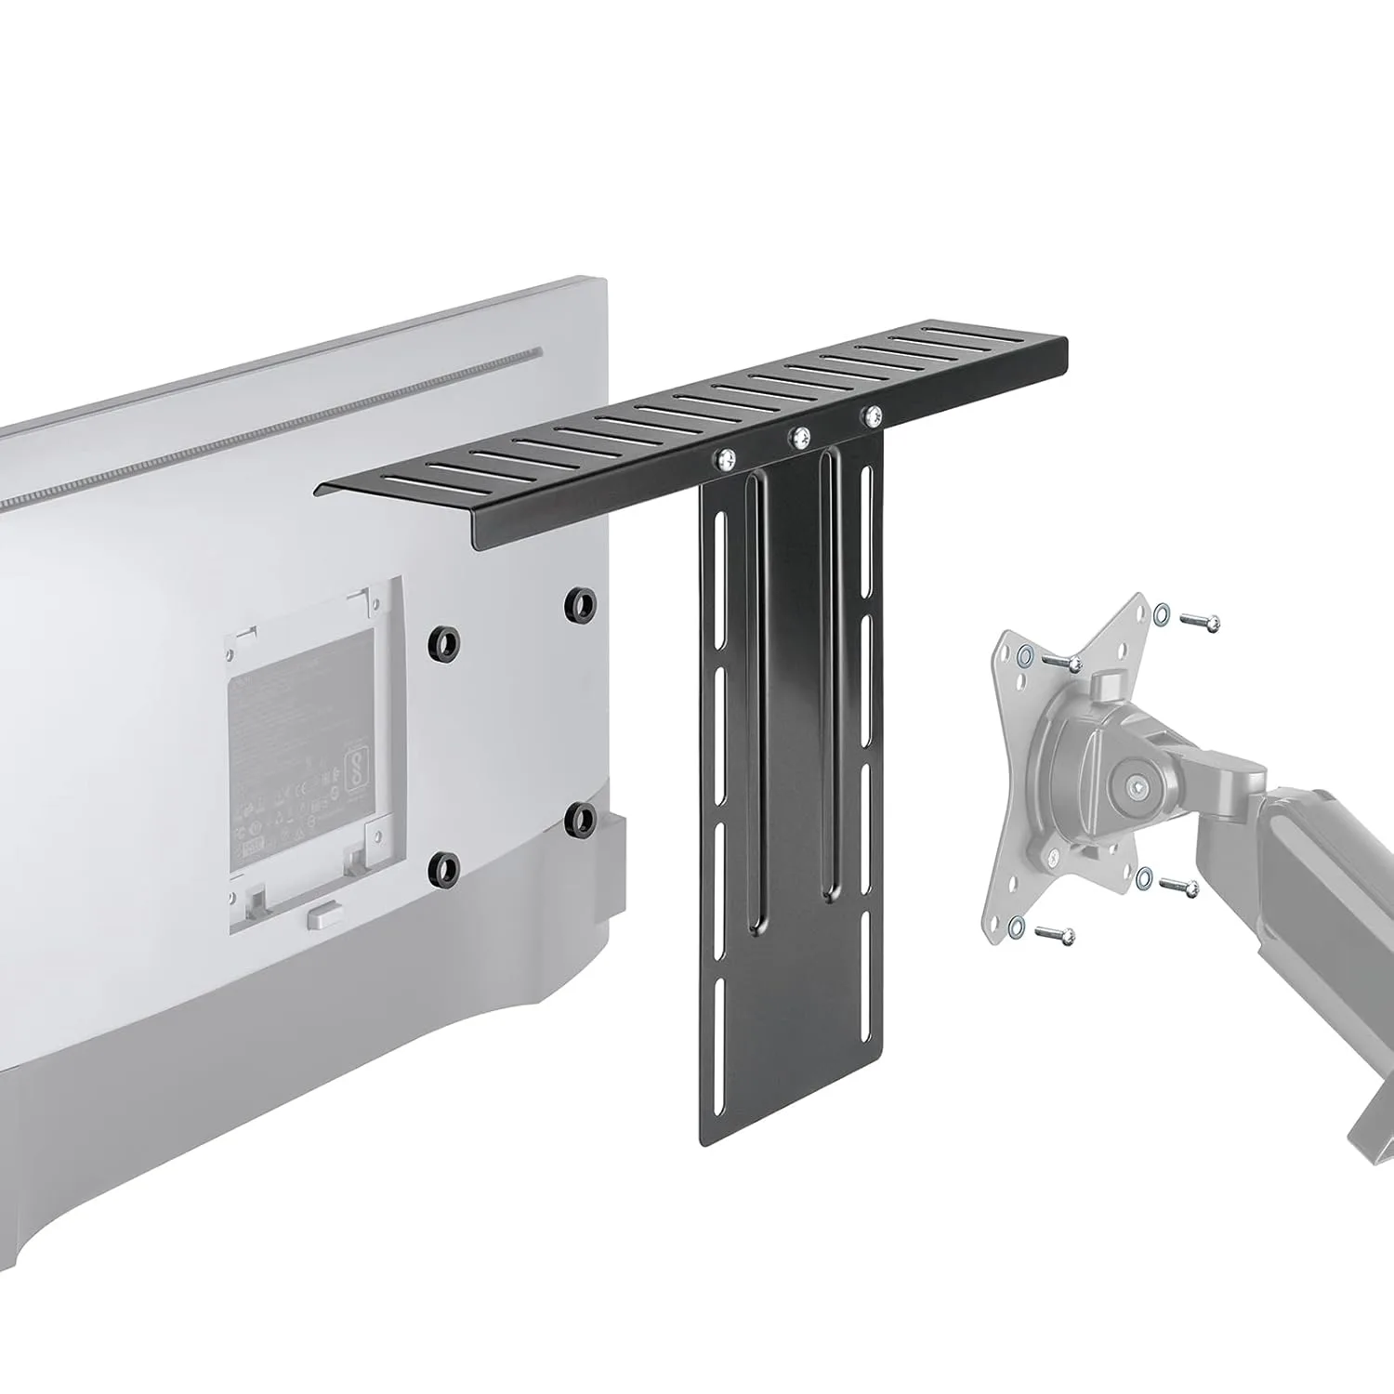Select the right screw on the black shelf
tap(871, 414)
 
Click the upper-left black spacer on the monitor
tap(444, 641)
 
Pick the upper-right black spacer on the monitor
tap(580, 603)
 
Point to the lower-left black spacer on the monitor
tap(444, 867)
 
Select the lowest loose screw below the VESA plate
tap(1055, 934)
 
